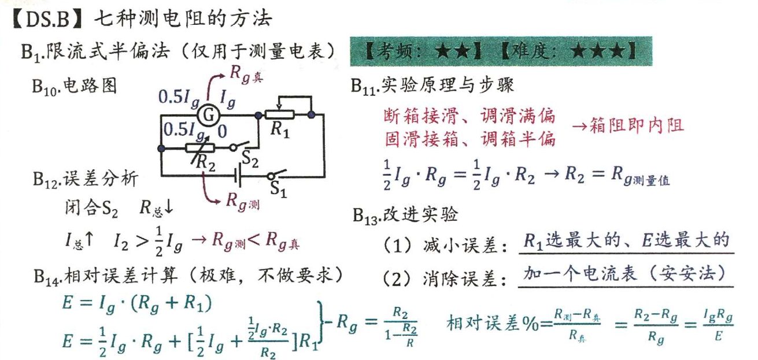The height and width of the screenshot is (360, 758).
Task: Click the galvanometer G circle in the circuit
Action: (x=208, y=116)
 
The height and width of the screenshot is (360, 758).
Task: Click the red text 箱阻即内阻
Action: (x=627, y=126)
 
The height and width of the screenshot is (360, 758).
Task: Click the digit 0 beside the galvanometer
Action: (x=221, y=132)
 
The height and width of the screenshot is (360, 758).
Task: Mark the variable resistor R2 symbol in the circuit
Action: (x=202, y=149)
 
